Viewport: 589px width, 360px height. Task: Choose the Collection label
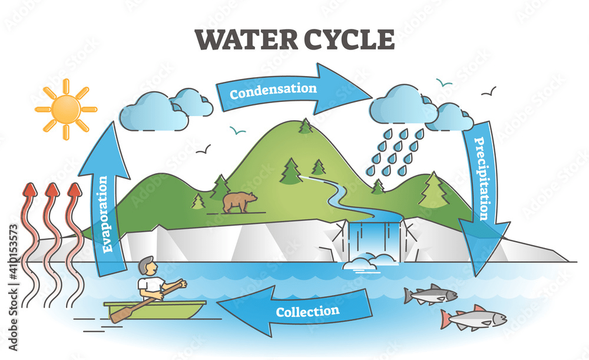point(307,311)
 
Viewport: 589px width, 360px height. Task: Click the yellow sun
point(66,110)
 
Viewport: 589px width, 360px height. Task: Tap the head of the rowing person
point(147,266)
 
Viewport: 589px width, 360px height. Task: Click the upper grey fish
point(431,294)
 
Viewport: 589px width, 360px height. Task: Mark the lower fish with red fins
point(474,318)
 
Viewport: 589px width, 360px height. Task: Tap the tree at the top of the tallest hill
point(305,126)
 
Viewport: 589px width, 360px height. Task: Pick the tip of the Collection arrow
point(217,302)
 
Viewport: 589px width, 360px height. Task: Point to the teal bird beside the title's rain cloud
point(444,82)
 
